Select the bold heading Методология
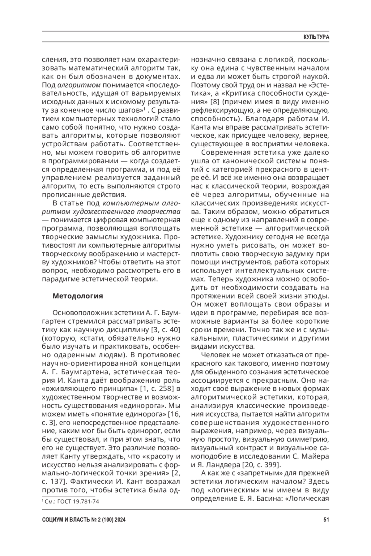pos(78,296)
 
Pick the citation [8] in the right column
pos(215,101)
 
